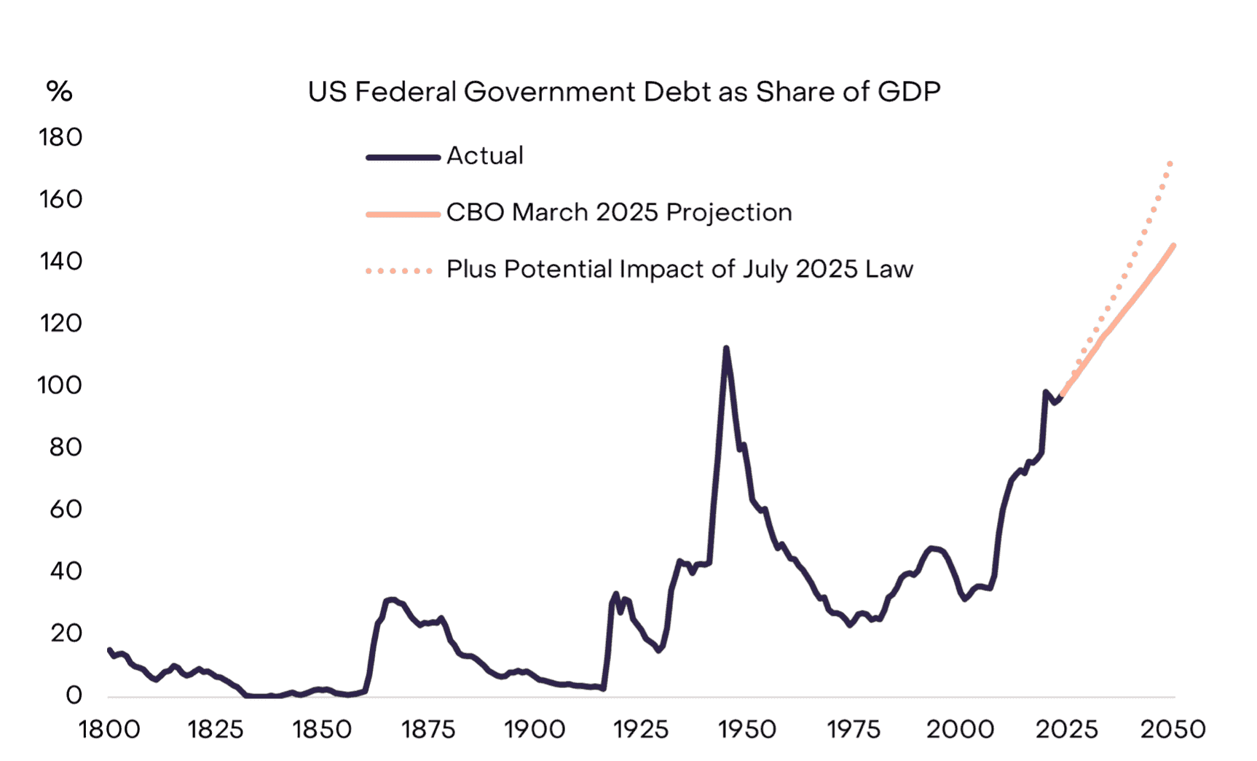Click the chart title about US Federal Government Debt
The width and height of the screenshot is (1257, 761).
click(624, 93)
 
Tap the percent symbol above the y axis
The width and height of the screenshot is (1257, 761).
click(59, 92)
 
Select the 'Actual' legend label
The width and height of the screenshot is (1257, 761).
click(484, 156)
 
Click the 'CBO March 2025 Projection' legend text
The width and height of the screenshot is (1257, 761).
click(618, 213)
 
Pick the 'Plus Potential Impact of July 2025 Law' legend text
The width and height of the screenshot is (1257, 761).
click(679, 270)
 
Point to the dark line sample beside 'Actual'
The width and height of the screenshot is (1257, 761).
click(403, 157)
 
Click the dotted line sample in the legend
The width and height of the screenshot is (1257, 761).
click(399, 271)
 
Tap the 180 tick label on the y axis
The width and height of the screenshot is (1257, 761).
click(60, 138)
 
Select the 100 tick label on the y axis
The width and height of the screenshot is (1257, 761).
click(60, 386)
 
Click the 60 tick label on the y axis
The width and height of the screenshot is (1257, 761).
click(66, 510)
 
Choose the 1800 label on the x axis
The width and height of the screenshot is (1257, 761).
click(109, 730)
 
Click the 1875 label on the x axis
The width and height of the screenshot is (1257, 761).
click(428, 730)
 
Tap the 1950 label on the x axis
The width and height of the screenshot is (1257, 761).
click(747, 730)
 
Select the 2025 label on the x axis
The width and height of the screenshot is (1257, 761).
click(1066, 730)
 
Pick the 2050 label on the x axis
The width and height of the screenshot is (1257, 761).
click(1173, 730)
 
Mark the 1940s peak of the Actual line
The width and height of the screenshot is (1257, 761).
click(726, 349)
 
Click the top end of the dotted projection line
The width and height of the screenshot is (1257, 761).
click(1170, 163)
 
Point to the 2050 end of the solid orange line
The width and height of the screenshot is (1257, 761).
click(1173, 246)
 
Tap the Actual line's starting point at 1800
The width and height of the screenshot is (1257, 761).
click(110, 649)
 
